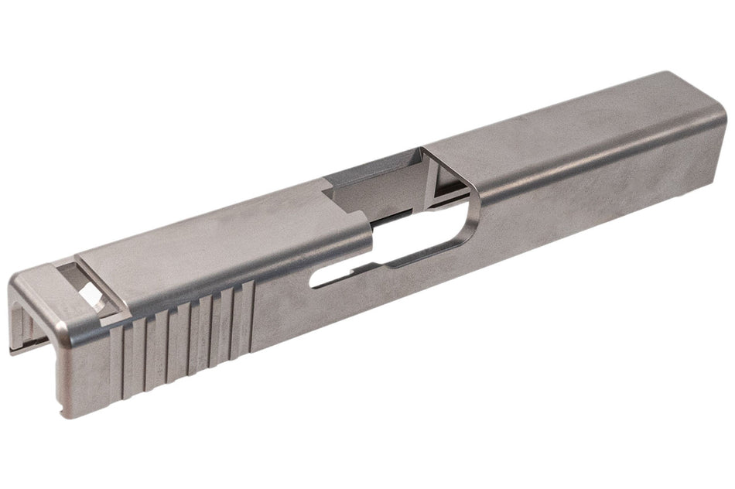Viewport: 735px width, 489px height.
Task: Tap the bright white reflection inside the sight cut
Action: [90, 293]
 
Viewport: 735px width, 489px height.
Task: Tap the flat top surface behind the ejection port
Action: [217, 240]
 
